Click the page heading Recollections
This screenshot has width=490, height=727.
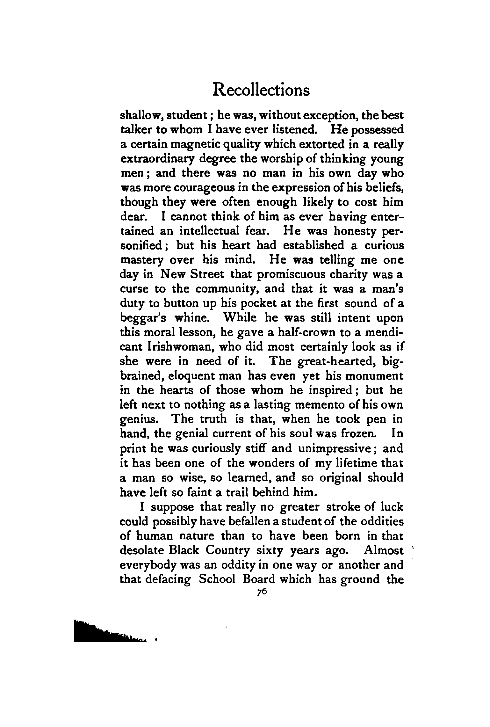tap(261, 90)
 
